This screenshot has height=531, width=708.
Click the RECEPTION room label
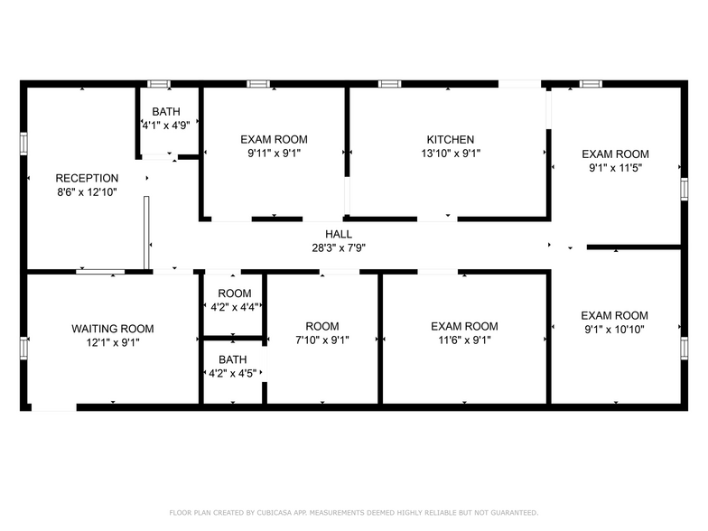click(x=87, y=178)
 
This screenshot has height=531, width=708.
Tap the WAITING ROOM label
click(x=112, y=329)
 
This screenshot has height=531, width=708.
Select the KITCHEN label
click(x=450, y=140)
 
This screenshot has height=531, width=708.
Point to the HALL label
click(x=339, y=234)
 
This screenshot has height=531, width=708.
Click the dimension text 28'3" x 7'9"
click(x=339, y=247)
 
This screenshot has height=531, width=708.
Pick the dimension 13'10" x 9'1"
click(x=450, y=154)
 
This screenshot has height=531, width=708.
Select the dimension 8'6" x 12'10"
click(x=87, y=191)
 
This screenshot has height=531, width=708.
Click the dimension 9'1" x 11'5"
click(x=614, y=168)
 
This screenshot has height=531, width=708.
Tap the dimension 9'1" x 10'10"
click(x=614, y=329)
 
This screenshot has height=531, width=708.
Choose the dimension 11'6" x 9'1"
click(x=463, y=340)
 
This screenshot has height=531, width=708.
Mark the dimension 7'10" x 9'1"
click(x=321, y=340)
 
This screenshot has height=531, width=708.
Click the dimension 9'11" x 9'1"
click(x=274, y=154)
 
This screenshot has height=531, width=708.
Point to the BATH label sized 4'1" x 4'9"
click(x=165, y=112)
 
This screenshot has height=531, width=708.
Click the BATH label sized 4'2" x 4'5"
click(x=232, y=359)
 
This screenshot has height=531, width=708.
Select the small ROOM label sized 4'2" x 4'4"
click(x=234, y=293)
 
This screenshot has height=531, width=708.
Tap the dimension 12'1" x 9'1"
click(x=112, y=342)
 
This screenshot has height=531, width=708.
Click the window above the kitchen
click(x=390, y=84)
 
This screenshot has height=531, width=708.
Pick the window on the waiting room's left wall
click(x=24, y=348)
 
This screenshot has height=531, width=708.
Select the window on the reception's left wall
click(x=24, y=143)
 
